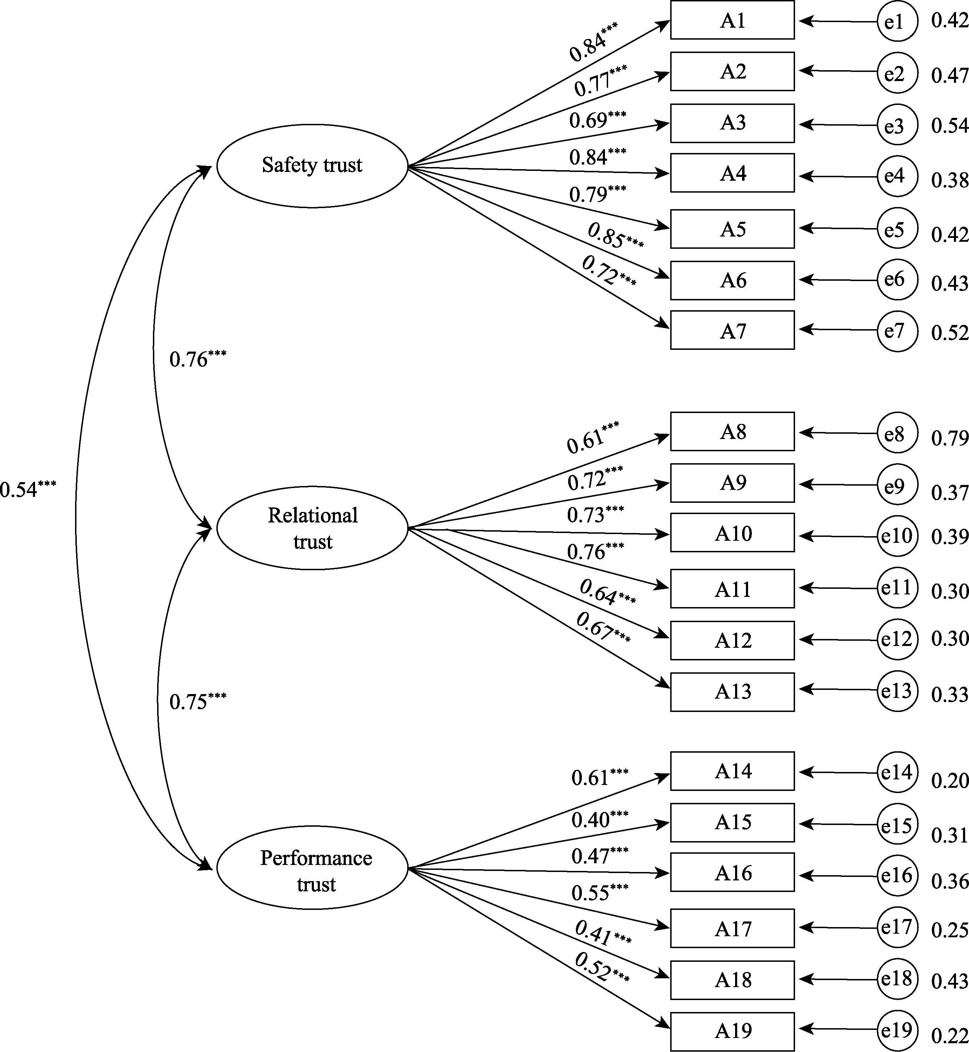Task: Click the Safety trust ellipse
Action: tap(312, 166)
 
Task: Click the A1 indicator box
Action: tap(732, 20)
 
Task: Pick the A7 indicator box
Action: tap(732, 330)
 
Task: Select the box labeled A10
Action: tap(732, 533)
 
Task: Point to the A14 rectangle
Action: tap(732, 771)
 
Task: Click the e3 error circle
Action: tap(897, 125)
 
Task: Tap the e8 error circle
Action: tap(897, 433)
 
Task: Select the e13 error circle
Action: tap(897, 691)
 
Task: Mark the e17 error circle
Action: tap(897, 928)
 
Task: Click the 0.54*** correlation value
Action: tap(27, 489)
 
